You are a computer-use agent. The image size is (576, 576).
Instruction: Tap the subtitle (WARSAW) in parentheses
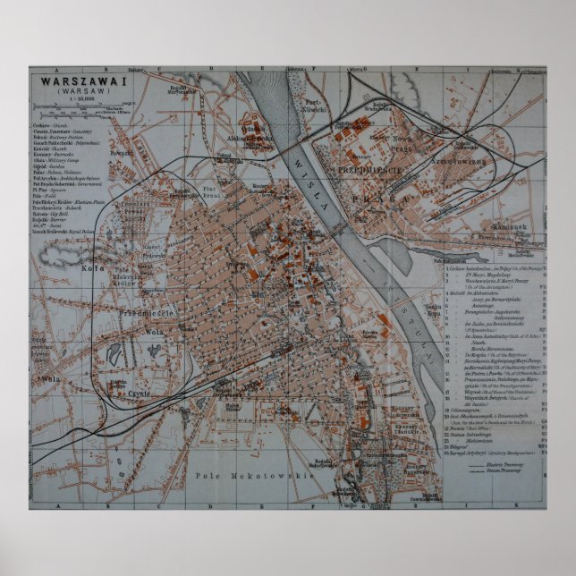(80, 90)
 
